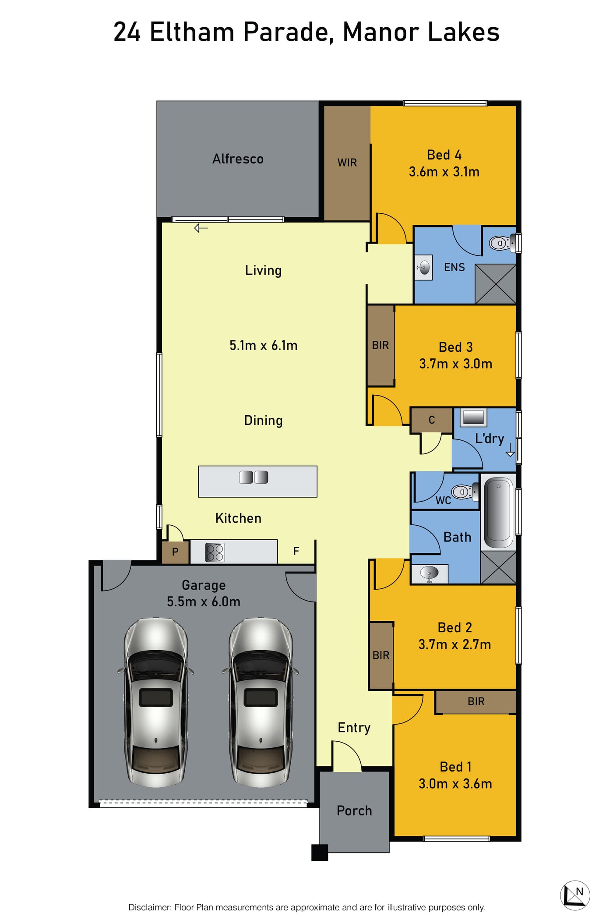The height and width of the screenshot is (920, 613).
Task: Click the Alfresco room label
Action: click(x=238, y=159)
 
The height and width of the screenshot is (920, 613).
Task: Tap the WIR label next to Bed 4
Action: click(x=347, y=163)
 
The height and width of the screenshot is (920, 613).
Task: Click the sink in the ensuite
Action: click(x=423, y=267)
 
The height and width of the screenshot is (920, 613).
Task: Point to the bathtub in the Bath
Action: click(x=498, y=511)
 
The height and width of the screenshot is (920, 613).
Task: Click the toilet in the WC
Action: click(x=465, y=492)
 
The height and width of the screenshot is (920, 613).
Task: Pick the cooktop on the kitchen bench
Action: click(x=215, y=552)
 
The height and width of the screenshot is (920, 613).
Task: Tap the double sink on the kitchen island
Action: click(x=254, y=477)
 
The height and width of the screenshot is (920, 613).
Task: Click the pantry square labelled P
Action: click(x=175, y=552)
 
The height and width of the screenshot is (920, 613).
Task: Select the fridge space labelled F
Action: click(x=296, y=551)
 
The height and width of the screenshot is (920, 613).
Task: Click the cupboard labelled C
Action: click(x=431, y=420)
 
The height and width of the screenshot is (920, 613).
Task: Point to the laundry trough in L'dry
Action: click(x=473, y=418)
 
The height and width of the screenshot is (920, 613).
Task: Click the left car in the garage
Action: click(x=156, y=702)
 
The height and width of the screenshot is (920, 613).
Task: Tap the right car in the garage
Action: click(x=261, y=702)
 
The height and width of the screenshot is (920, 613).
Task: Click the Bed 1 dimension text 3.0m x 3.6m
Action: click(x=455, y=784)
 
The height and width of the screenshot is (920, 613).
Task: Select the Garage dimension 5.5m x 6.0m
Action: click(x=204, y=602)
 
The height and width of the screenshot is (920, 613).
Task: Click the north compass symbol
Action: click(x=575, y=895)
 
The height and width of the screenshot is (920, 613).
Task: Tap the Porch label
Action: click(x=354, y=810)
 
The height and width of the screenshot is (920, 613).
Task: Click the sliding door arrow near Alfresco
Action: click(x=201, y=228)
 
